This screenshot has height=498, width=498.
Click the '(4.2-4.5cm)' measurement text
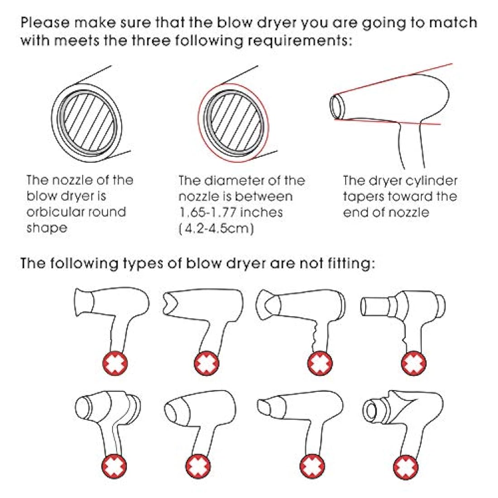(216, 228)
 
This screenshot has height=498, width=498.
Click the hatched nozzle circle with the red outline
(234, 123)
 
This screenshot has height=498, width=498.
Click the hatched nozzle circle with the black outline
(87, 123)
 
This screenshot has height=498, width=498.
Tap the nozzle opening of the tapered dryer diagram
(336, 106)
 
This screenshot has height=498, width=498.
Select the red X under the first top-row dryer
(115, 364)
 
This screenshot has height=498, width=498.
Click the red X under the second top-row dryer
(206, 364)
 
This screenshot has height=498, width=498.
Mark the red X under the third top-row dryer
(320, 364)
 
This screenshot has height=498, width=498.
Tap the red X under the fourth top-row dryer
(414, 364)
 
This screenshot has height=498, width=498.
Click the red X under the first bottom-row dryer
(114, 466)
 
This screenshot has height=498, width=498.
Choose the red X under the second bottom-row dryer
(198, 466)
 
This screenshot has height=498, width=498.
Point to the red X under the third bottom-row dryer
(312, 466)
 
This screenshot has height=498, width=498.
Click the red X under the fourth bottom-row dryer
(406, 467)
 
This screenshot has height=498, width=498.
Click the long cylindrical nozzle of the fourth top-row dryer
(375, 306)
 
